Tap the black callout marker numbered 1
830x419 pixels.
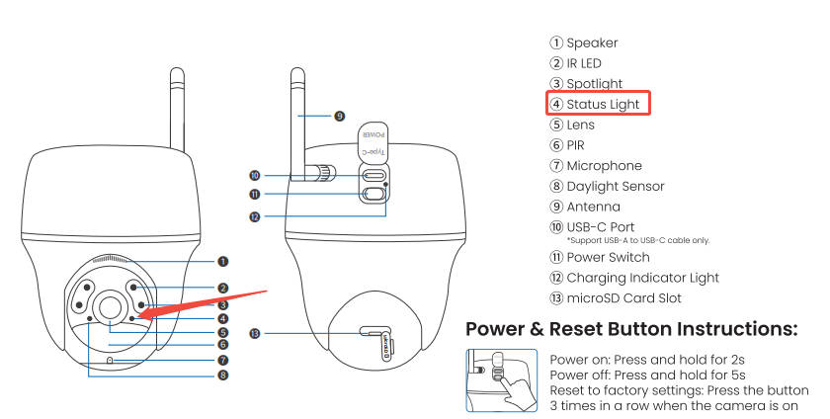(223, 262)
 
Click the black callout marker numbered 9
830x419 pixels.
(339, 116)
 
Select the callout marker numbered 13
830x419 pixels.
(255, 334)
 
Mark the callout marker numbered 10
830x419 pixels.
(255, 176)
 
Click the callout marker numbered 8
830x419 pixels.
(223, 375)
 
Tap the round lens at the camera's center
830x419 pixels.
(110, 305)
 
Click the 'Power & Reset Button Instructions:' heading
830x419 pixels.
(630, 329)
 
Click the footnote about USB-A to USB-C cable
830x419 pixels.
(637, 240)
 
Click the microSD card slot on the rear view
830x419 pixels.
(375, 333)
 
